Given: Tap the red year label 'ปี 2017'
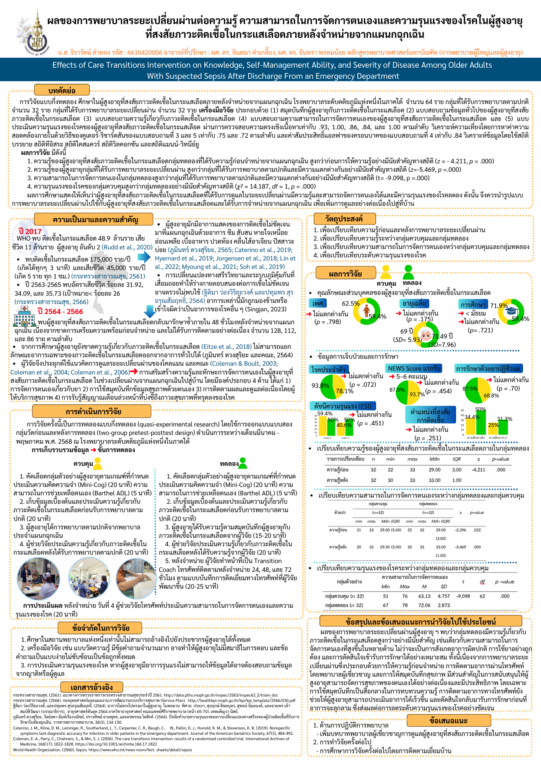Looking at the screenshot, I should click(x=30, y=231).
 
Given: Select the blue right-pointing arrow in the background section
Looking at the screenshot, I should click(x=144, y=258).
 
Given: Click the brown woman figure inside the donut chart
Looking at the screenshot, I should click(x=366, y=311).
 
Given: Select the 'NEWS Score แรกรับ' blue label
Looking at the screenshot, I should click(x=414, y=368).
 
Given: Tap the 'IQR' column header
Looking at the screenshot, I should click(x=457, y=459).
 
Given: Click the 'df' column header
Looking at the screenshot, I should click(x=482, y=582).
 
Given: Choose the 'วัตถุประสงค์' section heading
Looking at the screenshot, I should click(x=344, y=219).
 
